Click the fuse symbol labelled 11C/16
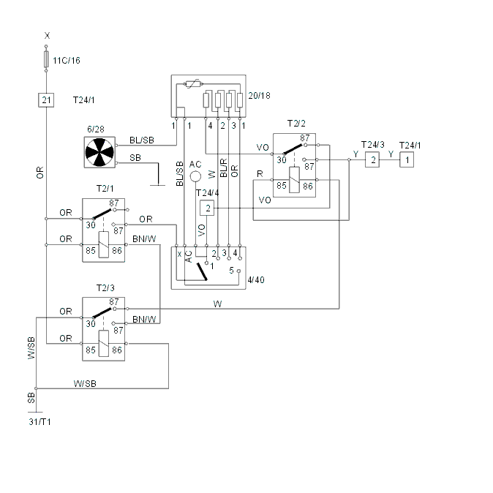click(46, 59)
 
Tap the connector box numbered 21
click(46, 100)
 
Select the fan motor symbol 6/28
click(99, 152)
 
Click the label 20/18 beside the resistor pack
click(259, 96)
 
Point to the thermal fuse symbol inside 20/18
click(193, 84)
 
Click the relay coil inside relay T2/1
click(104, 244)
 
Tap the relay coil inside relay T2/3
click(104, 343)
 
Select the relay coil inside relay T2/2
click(294, 180)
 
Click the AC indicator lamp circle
click(195, 176)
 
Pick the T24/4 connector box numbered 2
click(207, 208)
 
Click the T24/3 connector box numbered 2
click(372, 159)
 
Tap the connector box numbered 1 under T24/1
click(407, 159)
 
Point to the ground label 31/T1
click(39, 421)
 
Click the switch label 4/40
click(256, 280)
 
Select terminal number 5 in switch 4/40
click(231, 271)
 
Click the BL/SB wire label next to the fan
click(142, 140)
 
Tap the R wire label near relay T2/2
click(260, 174)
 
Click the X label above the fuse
click(47, 36)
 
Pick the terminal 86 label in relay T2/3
click(117, 350)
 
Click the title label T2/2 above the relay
click(296, 123)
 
